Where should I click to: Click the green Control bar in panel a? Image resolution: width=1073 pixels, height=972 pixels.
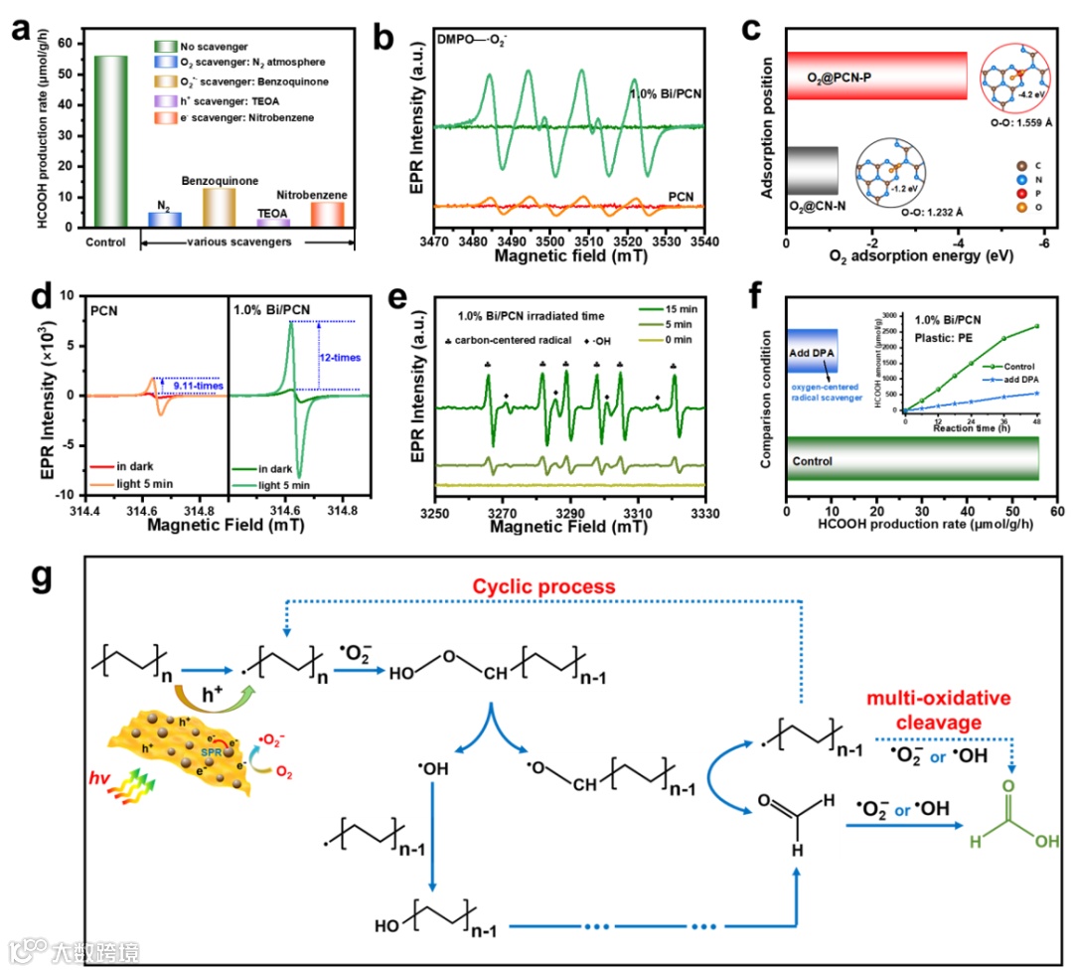(111, 141)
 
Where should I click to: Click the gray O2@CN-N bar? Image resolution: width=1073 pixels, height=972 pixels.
(812, 163)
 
